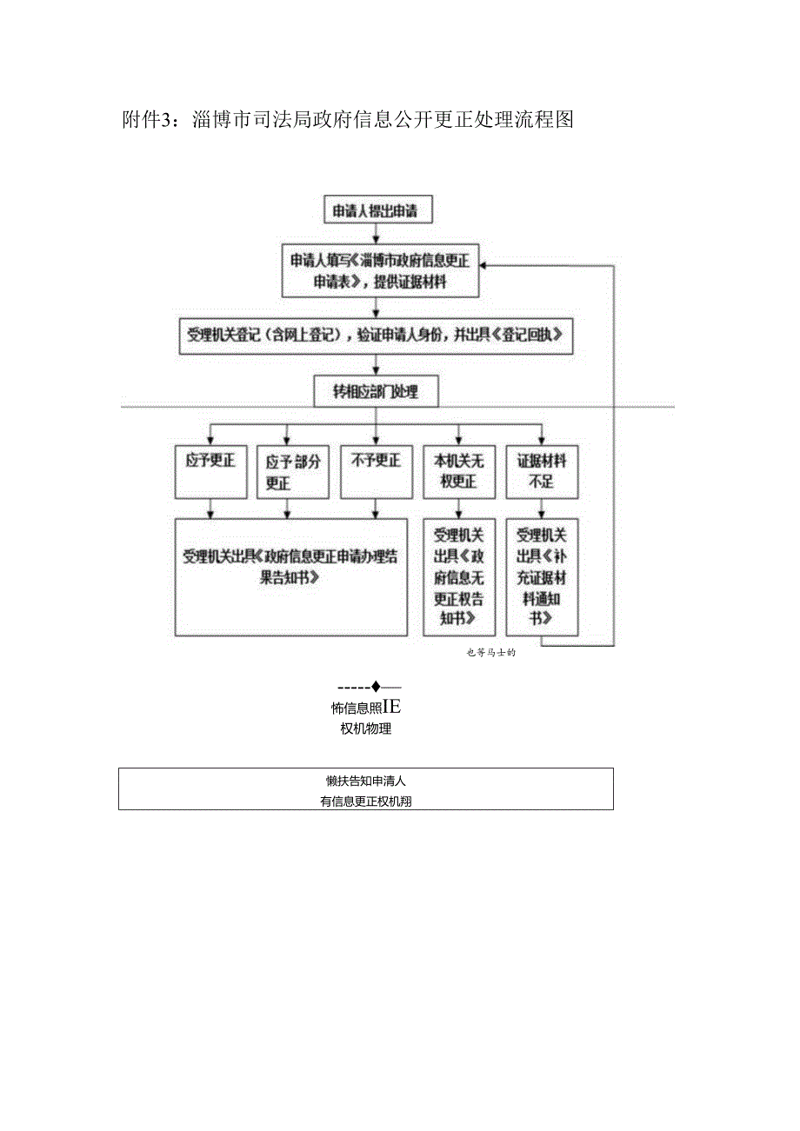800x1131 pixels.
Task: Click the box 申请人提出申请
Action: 376,211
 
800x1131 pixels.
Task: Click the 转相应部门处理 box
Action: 376,392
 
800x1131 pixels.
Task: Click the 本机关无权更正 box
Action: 458,472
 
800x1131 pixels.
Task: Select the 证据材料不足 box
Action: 542,472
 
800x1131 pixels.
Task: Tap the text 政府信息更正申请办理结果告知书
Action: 290,567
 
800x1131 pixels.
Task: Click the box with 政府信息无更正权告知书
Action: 458,577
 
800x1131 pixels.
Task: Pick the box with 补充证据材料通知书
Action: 542,577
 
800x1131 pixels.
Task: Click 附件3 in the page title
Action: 150,120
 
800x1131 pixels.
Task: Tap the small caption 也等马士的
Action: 491,654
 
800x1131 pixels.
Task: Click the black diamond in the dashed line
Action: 376,687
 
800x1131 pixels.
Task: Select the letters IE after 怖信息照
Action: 391,707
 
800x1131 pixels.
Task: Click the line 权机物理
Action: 365,728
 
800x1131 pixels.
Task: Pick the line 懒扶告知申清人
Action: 366,781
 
